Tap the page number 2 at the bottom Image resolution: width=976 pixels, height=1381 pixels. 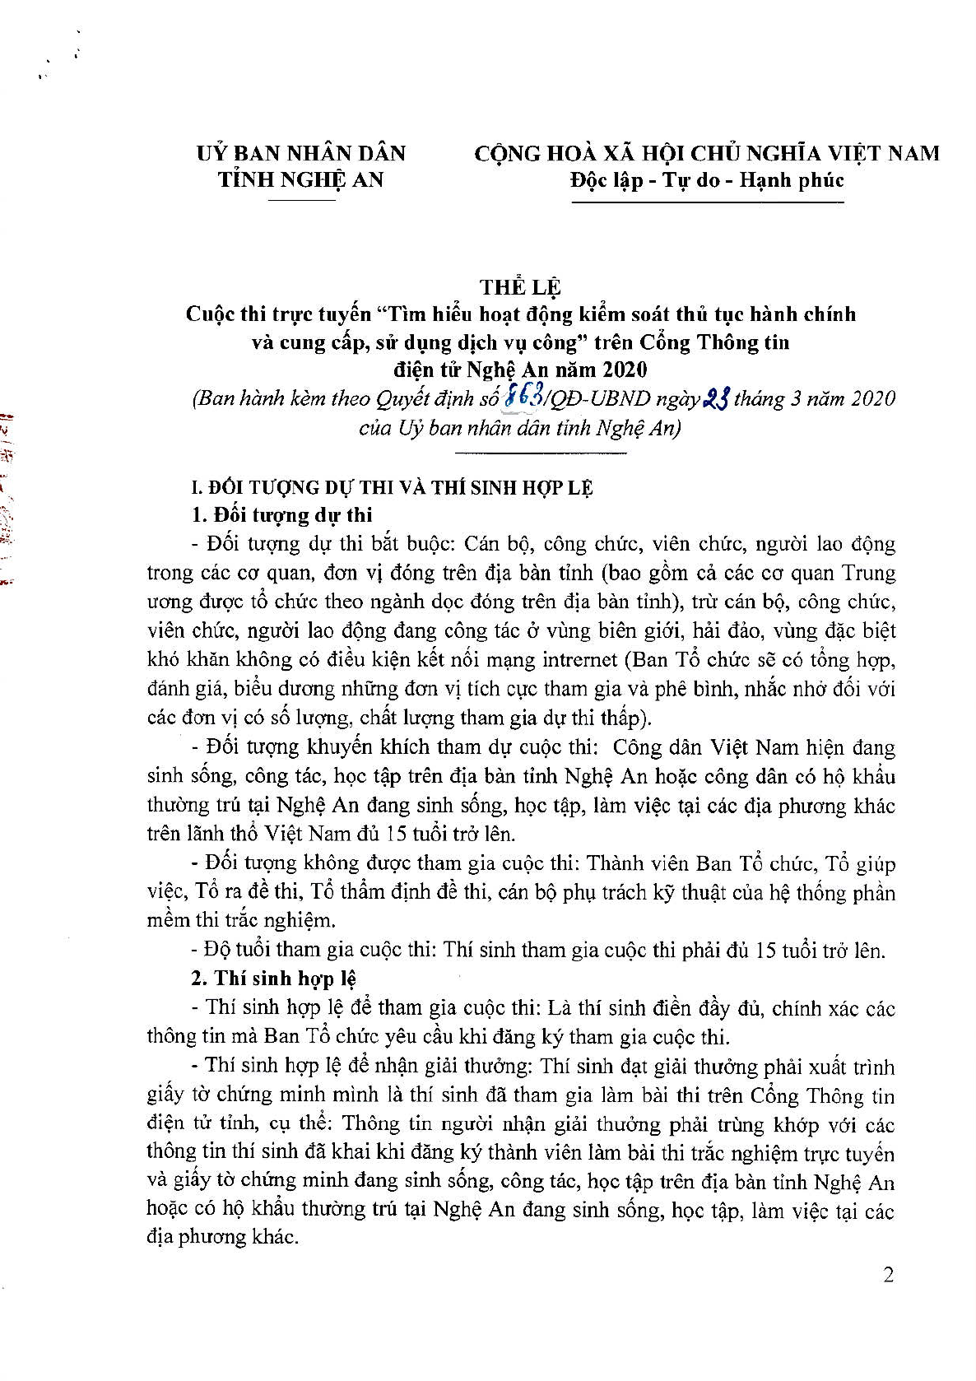[x=888, y=1275]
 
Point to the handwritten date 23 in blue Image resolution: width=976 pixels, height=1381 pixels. [x=715, y=399]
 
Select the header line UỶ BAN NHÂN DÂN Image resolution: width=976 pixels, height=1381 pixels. [x=301, y=153]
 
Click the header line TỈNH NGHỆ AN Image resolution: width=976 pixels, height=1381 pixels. [x=301, y=180]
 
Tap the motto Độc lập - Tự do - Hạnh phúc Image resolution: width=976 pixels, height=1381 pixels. [x=707, y=180]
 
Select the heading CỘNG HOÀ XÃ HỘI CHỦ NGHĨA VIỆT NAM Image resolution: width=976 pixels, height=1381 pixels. [x=707, y=153]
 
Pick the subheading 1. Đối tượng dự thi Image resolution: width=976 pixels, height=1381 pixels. [x=281, y=515]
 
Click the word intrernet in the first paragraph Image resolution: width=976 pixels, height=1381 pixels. [x=579, y=659]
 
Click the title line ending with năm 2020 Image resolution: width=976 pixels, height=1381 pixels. [x=520, y=369]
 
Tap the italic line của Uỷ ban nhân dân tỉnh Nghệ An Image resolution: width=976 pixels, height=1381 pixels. [x=520, y=429]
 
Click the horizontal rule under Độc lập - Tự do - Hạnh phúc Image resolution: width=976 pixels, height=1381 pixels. [x=707, y=202]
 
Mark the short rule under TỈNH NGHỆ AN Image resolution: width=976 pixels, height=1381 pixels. [x=301, y=200]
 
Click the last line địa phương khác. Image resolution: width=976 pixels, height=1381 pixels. [x=222, y=1237]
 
